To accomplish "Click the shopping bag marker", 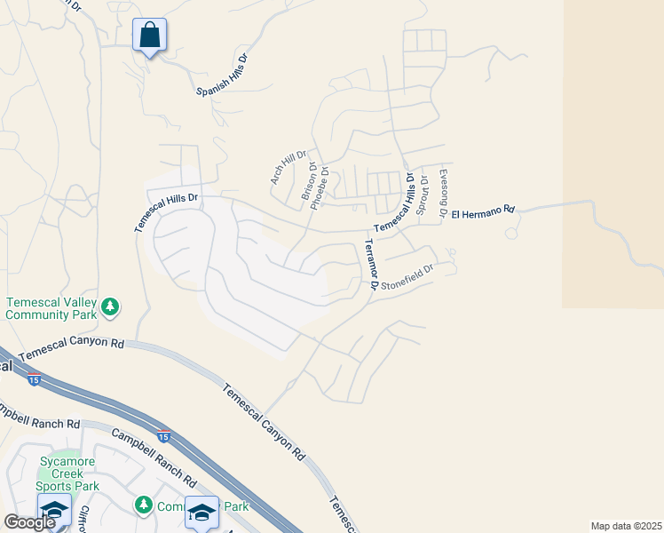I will pyautogui.click(x=150, y=36).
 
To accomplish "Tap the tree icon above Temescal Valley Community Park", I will pyautogui.click(x=110, y=307).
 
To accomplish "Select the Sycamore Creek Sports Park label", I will pyautogui.click(x=67, y=473).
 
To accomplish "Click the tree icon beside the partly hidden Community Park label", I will pyautogui.click(x=143, y=505).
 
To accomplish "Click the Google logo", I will pyautogui.click(x=29, y=522).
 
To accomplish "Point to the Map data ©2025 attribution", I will pyautogui.click(x=625, y=526).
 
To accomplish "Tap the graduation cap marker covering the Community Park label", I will pyautogui.click(x=202, y=513).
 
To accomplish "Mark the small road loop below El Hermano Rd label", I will pyautogui.click(x=510, y=234).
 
